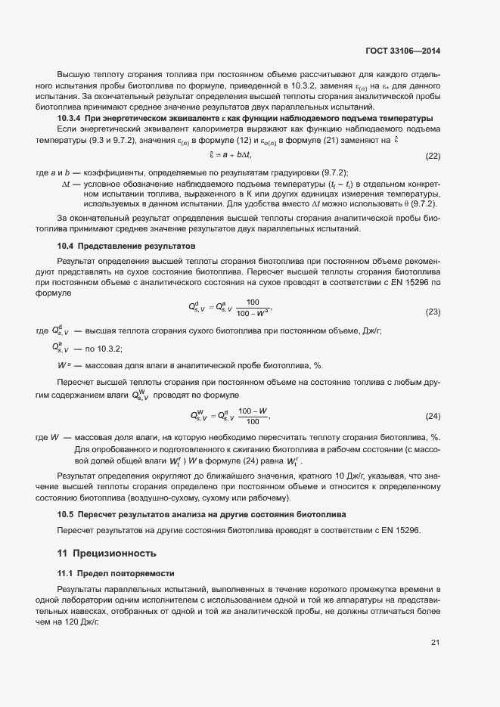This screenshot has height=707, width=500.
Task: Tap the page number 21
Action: [x=435, y=643]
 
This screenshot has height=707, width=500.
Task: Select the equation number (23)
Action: [x=433, y=312]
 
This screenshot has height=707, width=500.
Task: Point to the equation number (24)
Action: [x=433, y=417]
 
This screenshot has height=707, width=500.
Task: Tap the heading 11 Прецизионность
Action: [x=107, y=553]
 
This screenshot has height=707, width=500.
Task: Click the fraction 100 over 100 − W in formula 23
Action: [x=252, y=307]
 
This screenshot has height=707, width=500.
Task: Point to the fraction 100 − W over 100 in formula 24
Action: [x=253, y=416]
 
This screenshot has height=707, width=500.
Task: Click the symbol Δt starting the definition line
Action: [x=66, y=184]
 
